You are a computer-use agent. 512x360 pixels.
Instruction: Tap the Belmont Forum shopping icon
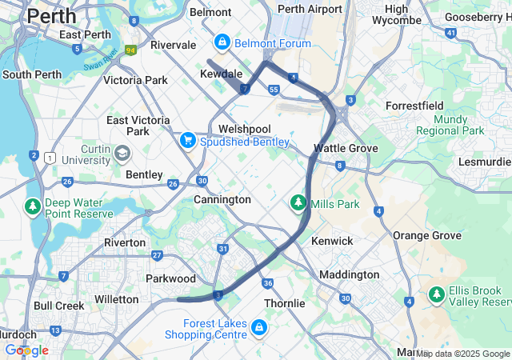tap(222, 42)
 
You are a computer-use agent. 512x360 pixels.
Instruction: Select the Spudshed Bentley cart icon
tap(188, 140)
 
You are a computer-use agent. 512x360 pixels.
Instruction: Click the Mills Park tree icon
tap(298, 203)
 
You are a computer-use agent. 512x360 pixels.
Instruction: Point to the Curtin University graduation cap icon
tap(122, 153)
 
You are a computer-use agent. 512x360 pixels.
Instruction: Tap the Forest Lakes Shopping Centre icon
tap(258, 327)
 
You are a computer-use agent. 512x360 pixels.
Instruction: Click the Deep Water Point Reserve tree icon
tap(33, 207)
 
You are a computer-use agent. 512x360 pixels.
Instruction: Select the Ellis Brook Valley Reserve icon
tap(437, 294)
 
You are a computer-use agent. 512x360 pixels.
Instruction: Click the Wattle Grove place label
tap(345, 148)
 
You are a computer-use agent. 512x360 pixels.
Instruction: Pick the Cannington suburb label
tap(222, 199)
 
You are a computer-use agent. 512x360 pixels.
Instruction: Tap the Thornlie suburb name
tap(284, 303)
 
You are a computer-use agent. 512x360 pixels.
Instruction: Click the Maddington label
tap(349, 274)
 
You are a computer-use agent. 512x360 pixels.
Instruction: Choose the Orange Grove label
tap(427, 235)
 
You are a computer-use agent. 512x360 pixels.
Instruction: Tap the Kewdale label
tap(221, 74)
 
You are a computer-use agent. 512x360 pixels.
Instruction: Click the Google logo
tap(26, 350)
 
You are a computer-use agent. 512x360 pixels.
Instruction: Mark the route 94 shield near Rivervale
tap(130, 49)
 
